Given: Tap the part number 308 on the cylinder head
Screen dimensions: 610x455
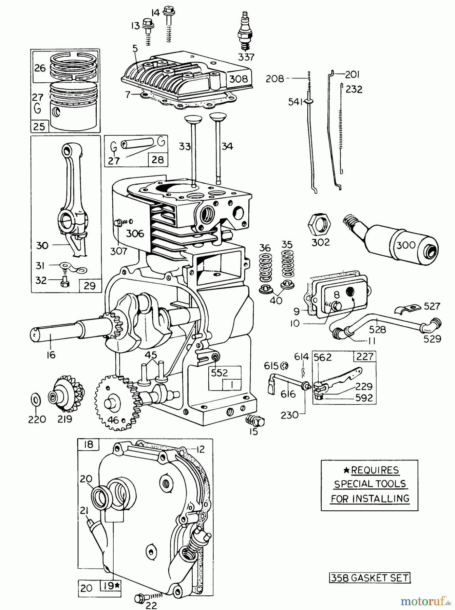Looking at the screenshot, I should click(x=238, y=79).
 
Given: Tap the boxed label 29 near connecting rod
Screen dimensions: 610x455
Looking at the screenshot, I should click(x=90, y=286).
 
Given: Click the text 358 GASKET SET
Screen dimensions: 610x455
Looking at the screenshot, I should click(x=369, y=578).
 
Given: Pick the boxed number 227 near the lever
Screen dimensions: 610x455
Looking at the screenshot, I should click(x=365, y=357).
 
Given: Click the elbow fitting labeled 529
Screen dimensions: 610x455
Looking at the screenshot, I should click(x=432, y=325).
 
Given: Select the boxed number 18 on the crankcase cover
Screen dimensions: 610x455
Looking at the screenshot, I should click(x=88, y=444).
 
